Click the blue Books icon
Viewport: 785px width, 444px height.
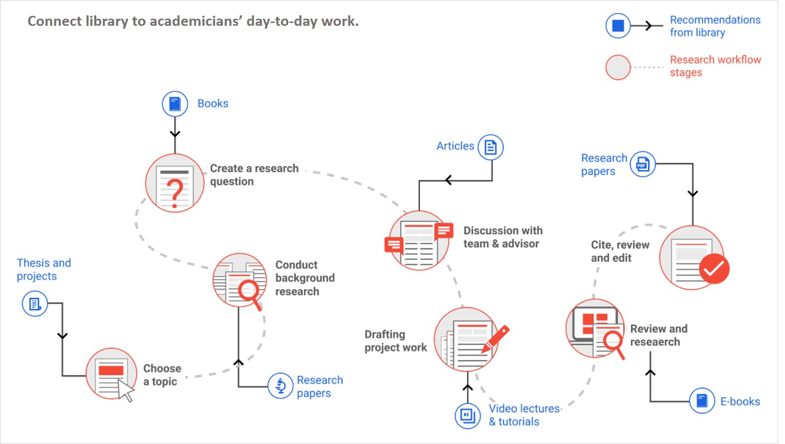(x=175, y=104)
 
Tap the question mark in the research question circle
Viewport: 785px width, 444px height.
(x=176, y=193)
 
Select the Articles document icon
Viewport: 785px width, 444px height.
(x=490, y=147)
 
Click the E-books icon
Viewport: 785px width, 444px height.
(x=702, y=400)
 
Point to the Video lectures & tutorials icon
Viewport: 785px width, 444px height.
(x=467, y=415)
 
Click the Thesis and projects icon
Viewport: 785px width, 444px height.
(x=35, y=304)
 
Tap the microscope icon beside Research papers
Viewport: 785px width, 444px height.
(x=280, y=386)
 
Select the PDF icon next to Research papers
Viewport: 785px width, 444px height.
(x=642, y=165)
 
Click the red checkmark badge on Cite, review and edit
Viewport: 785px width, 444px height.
(x=714, y=268)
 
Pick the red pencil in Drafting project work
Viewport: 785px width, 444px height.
(x=496, y=339)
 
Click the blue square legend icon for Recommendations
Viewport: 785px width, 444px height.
(x=618, y=26)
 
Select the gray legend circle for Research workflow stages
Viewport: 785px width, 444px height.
(x=618, y=67)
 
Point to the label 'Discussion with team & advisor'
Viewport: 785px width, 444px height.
(x=502, y=237)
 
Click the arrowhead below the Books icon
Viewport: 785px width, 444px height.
(x=175, y=133)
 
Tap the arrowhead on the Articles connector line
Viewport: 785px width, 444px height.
(x=448, y=180)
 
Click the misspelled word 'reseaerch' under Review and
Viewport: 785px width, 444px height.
(x=654, y=342)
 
